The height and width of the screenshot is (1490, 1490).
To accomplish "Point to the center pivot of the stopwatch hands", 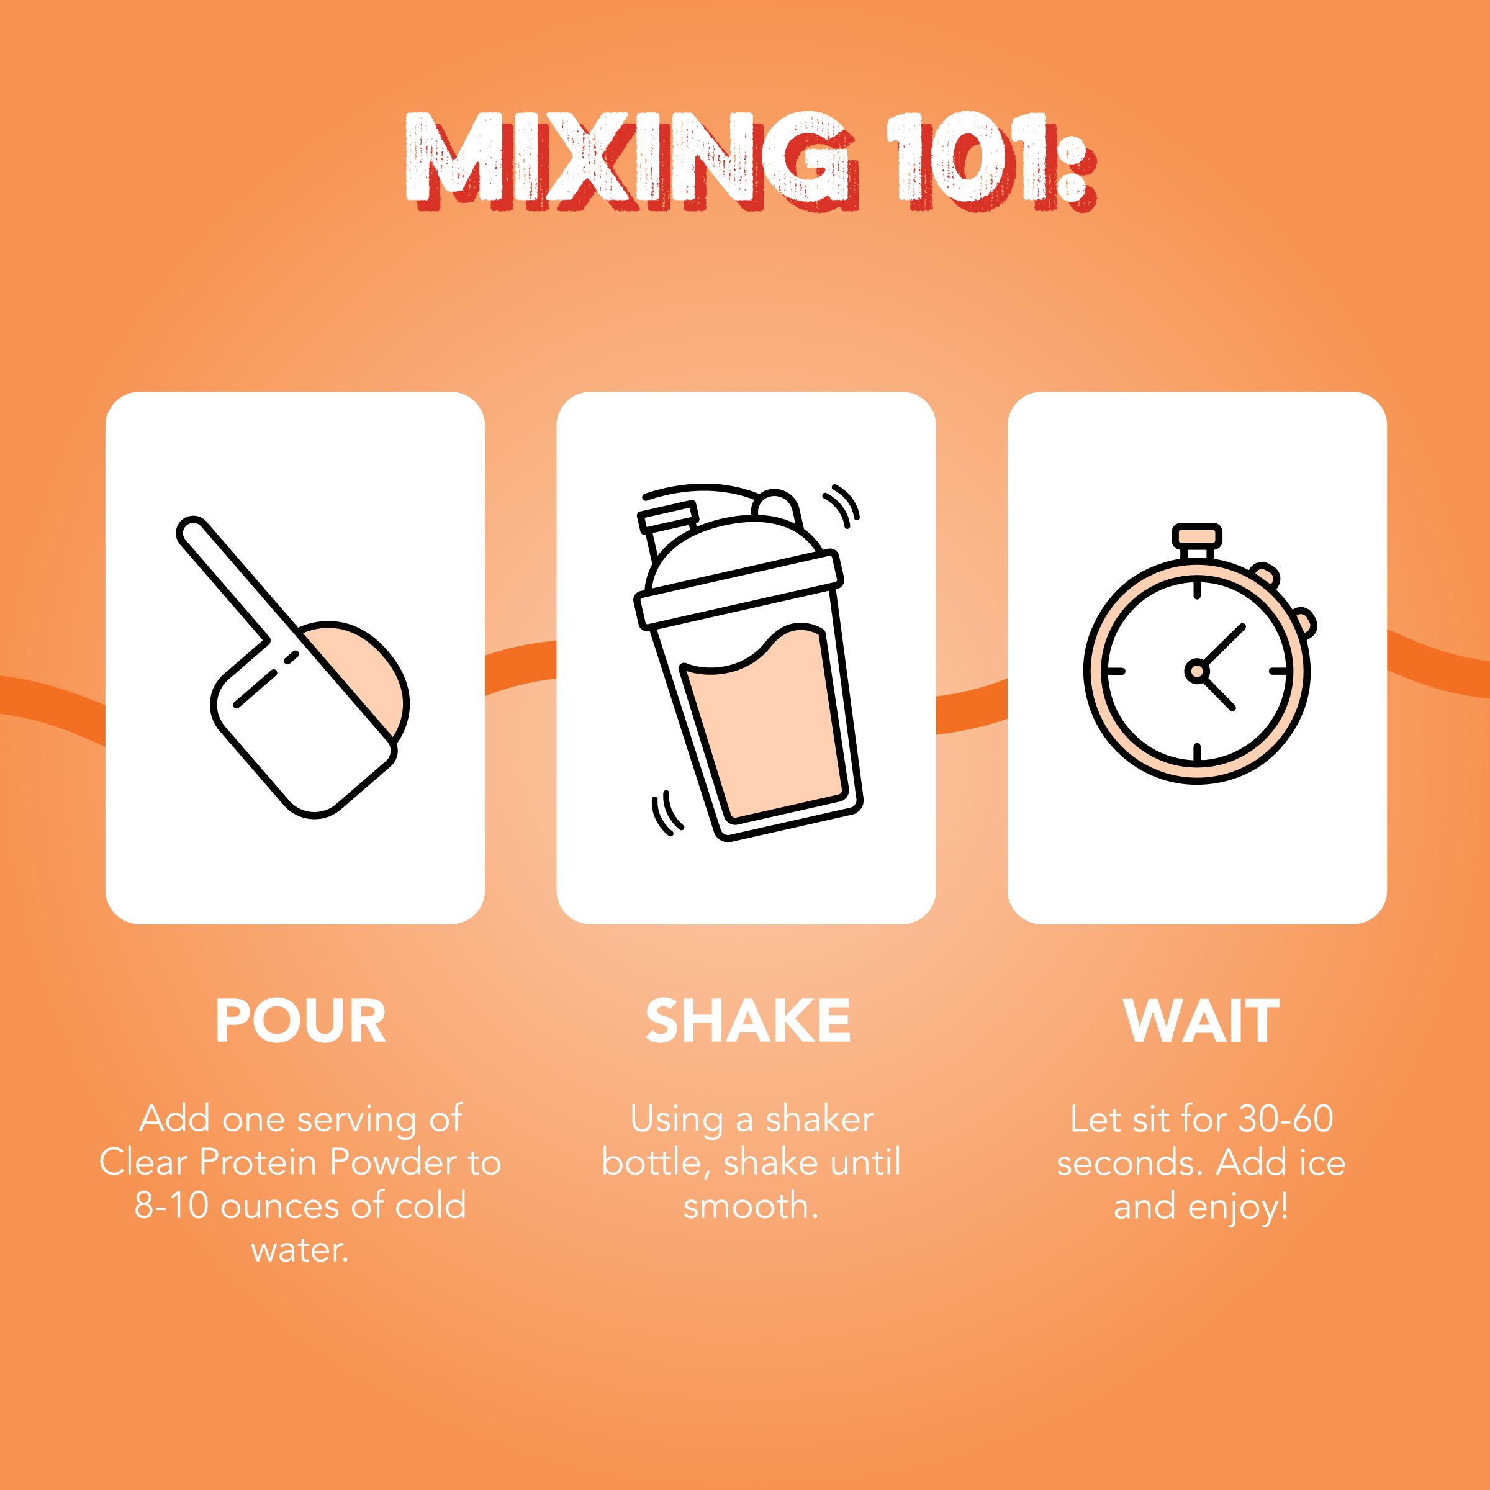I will click(x=1196, y=671).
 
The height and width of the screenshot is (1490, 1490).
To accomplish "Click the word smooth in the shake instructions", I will click(x=745, y=1206).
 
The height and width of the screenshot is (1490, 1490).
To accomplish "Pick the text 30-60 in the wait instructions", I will click(x=1286, y=1119).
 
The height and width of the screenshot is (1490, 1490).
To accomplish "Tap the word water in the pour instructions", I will click(x=297, y=1249).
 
